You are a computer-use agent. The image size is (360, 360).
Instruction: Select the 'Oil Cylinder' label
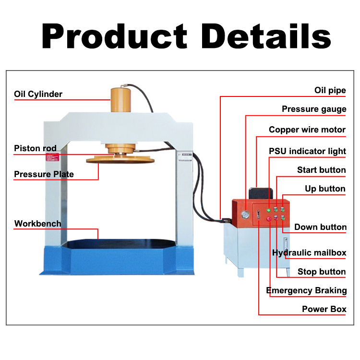pos(38,94)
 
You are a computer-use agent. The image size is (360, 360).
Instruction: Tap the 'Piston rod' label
pos(35,148)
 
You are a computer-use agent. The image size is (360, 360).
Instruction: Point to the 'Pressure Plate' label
pos(44,174)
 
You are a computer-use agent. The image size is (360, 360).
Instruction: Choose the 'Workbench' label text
pos(37,223)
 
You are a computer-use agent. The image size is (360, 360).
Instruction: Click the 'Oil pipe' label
pos(330,90)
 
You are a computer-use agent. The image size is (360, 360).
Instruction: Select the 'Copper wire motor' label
pos(307,130)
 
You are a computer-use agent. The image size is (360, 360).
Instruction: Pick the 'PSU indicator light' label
pos(307,151)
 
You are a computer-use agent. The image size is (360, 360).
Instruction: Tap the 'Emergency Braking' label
pos(306,290)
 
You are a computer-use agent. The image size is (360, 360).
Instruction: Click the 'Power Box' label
pos(324,309)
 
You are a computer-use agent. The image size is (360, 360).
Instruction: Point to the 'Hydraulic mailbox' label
pos(309,252)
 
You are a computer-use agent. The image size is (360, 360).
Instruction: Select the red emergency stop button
pos(269,219)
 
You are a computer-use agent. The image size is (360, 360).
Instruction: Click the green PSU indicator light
pos(268,210)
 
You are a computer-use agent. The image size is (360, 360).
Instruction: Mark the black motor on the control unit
pos(260,193)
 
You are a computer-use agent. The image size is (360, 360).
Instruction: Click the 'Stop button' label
pos(321,272)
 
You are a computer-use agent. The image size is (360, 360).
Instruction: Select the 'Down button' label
pos(320,227)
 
